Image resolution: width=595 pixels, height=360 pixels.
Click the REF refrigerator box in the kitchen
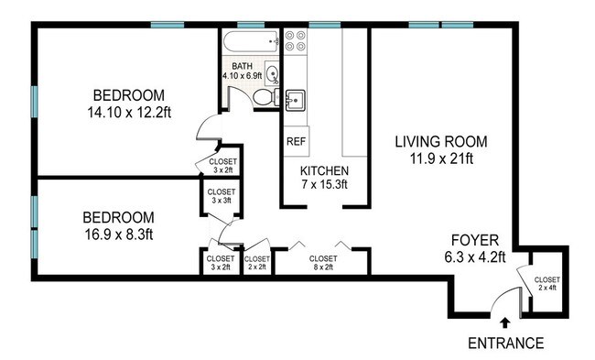297,141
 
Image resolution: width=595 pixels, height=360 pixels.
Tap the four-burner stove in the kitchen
296,40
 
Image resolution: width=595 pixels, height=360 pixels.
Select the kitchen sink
296,100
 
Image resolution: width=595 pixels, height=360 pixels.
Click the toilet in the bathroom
265,98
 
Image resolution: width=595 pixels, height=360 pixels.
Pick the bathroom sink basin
272,73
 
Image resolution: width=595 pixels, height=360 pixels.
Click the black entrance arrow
504,322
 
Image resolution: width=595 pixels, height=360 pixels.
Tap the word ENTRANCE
505,343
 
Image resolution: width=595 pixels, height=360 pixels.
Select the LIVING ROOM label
441,142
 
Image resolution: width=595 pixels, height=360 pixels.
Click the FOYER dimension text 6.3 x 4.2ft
475,257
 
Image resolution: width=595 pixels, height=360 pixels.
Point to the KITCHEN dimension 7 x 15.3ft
324,184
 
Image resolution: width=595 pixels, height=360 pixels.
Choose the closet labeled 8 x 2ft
323,262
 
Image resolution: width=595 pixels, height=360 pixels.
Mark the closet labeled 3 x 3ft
222,197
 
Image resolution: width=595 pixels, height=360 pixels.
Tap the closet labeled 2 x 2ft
257,262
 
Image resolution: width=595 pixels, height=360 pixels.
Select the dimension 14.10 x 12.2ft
129,113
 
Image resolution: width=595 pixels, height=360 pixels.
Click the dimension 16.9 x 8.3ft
118,235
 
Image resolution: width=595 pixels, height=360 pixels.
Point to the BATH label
242,67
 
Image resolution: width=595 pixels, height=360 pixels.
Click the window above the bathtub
251,25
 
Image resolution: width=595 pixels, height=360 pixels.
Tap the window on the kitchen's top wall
324,25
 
